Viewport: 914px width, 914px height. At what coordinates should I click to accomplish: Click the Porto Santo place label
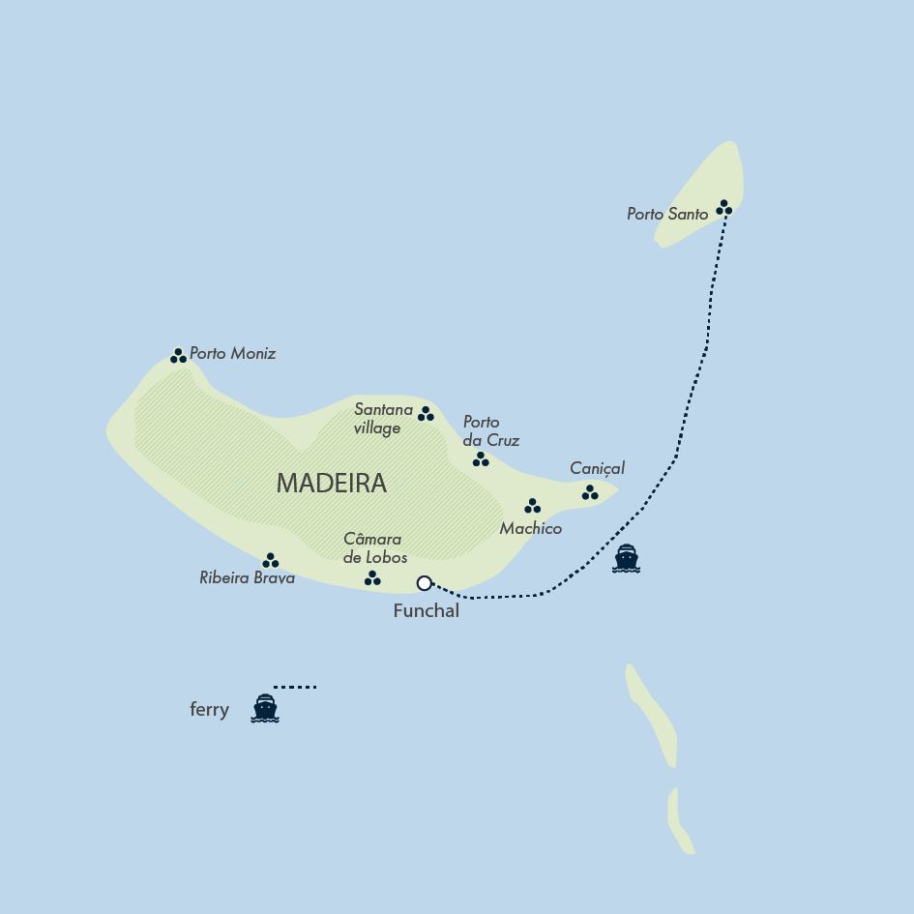pos(667,214)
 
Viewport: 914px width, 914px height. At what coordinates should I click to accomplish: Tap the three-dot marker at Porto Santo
pos(724,207)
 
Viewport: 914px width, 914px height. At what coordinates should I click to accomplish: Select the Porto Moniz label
pos(232,354)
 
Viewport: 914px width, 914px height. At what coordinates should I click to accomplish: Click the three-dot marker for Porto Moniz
pos(178,356)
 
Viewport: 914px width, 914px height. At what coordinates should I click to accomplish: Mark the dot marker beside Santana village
pos(426,414)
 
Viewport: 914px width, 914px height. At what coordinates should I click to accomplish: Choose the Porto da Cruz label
pos(490,431)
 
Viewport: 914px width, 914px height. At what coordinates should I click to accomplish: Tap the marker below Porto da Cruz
pos(481,459)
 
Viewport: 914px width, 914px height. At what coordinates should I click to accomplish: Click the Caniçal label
pos(597,468)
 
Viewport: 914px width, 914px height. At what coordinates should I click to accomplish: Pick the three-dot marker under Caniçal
pos(590,493)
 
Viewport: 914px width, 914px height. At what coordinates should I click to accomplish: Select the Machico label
pos(530,528)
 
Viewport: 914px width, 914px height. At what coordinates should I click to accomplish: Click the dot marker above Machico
pos(532,506)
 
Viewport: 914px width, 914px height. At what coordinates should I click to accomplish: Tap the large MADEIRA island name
pos(331,484)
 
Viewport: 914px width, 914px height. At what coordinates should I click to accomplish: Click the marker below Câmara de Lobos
pos(372,578)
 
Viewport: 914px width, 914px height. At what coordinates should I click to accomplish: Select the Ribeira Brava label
pos(247,578)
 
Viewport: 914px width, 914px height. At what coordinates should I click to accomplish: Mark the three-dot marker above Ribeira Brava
pos(271,560)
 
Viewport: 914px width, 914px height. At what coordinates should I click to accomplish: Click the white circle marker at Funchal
pos(424,582)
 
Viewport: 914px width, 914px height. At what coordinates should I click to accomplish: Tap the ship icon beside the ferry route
pos(627,559)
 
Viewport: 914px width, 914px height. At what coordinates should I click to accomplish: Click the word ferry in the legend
pos(209,710)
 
